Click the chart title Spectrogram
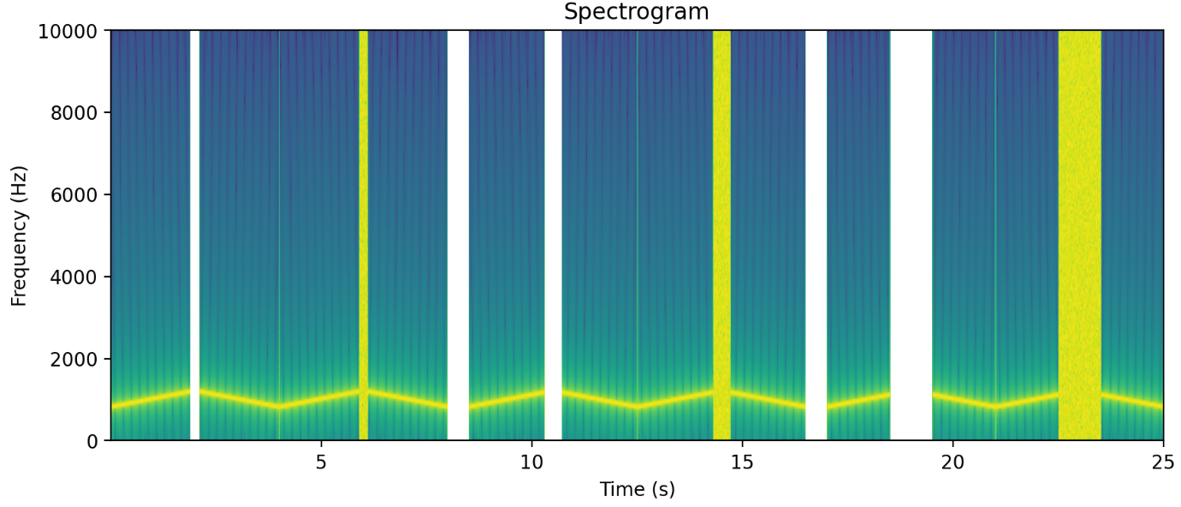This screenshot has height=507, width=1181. pyautogui.click(x=636, y=12)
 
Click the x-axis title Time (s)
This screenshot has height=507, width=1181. pyautogui.click(x=637, y=490)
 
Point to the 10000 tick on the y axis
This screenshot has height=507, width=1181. pyautogui.click(x=71, y=31)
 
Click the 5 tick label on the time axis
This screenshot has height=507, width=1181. pyautogui.click(x=321, y=462)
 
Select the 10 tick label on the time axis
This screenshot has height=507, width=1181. pyautogui.click(x=531, y=462)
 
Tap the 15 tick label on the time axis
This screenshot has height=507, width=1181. pyautogui.click(x=742, y=462)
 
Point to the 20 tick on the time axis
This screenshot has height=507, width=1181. pyautogui.click(x=953, y=462)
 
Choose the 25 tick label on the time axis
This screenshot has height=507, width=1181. pyautogui.click(x=1163, y=462)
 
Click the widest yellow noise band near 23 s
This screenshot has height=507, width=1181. pyautogui.click(x=1079, y=236)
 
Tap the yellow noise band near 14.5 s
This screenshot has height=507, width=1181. pyautogui.click(x=721, y=236)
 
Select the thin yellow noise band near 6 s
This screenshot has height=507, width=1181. pyautogui.click(x=363, y=236)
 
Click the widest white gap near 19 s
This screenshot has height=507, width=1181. pyautogui.click(x=911, y=236)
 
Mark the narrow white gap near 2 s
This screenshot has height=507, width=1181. pyautogui.click(x=194, y=236)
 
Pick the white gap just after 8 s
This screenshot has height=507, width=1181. pyautogui.click(x=458, y=236)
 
